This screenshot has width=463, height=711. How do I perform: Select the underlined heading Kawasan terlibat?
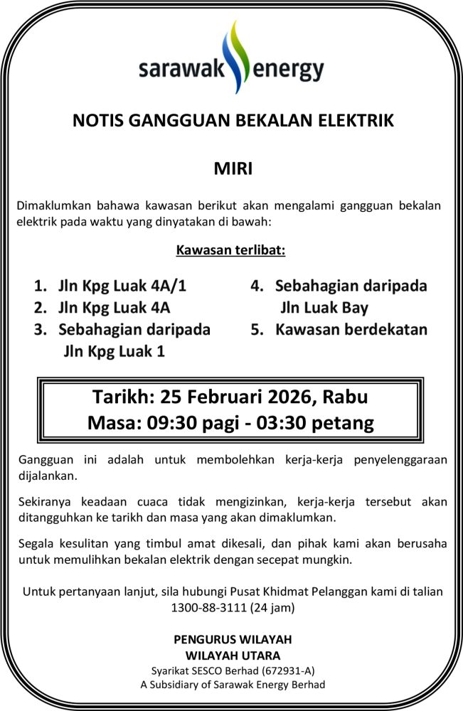click(x=231, y=251)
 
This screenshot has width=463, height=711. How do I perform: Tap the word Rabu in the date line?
click(x=348, y=396)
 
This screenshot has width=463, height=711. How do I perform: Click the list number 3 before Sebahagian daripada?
click(x=40, y=330)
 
